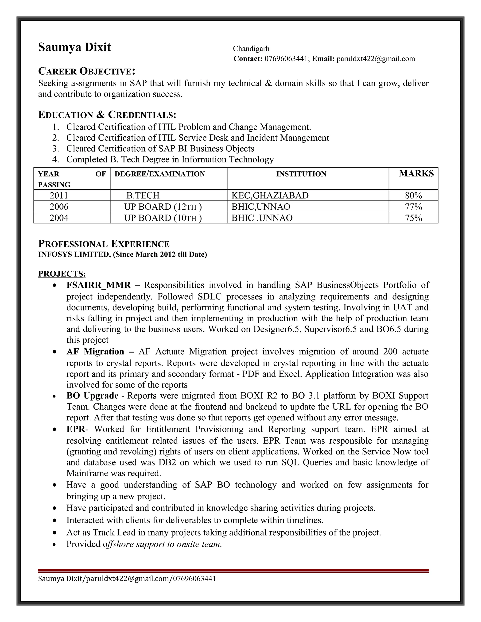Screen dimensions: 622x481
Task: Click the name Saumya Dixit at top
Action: [x=74, y=47]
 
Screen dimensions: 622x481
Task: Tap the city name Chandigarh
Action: [x=251, y=49]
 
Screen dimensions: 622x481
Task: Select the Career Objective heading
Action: [x=87, y=71]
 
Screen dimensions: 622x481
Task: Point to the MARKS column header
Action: [x=416, y=173]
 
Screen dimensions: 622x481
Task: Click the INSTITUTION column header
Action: [x=301, y=174]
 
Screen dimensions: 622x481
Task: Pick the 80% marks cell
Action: [x=413, y=195]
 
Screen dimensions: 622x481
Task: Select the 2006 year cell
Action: [x=59, y=207]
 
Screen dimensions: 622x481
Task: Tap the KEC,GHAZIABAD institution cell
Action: [x=270, y=195]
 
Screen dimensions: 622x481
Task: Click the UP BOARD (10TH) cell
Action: [x=163, y=218]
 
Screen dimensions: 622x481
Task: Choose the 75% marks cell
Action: [x=413, y=218]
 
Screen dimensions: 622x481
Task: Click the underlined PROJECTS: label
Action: [x=62, y=274]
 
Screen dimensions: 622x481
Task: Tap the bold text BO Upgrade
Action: [x=92, y=395]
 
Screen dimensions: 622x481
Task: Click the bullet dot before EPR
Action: [x=54, y=430]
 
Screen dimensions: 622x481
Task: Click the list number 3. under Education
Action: [x=56, y=149]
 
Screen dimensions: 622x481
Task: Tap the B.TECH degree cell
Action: [x=143, y=195]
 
